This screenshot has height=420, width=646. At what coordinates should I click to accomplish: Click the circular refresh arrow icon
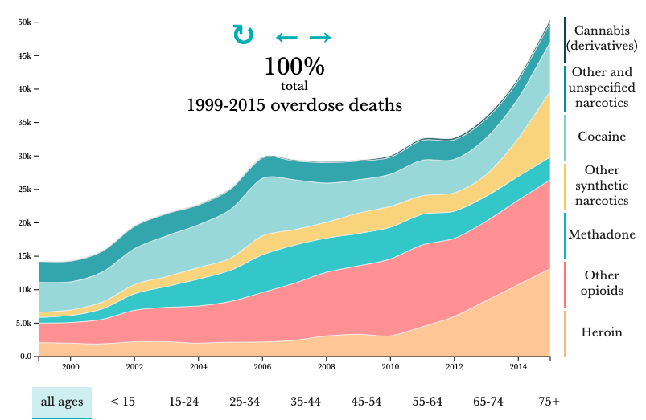pos(243,35)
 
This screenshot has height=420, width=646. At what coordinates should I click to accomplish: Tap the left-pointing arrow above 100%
pos(286,37)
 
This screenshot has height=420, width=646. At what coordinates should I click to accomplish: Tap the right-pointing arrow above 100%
pos(320,37)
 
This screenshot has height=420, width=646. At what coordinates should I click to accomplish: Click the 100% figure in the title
pos(294,66)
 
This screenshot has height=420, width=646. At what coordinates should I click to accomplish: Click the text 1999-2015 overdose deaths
pos(294,104)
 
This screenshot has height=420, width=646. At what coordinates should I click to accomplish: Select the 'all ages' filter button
pos(62,401)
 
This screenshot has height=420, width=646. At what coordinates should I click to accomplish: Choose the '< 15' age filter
pos(123,401)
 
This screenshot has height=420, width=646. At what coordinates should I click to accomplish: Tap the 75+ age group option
pos(549,401)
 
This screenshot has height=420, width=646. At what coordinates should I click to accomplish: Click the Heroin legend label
pos(602,332)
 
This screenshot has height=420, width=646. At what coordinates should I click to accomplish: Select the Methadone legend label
pos(602,235)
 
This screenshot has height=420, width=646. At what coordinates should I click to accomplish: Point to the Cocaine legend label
pos(602,137)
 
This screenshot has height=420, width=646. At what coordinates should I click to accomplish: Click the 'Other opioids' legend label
pos(602,283)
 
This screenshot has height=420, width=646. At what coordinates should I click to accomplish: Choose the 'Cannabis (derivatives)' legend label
pos(602,38)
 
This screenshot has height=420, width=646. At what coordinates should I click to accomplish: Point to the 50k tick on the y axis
pos(25,22)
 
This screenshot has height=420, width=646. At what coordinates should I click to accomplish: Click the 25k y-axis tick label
pos(25,190)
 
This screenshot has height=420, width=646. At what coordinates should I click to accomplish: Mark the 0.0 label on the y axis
pos(25,357)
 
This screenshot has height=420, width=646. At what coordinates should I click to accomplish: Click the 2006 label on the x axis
pos(262,367)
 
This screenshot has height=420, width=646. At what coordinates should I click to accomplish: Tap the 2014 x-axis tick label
pos(518,367)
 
